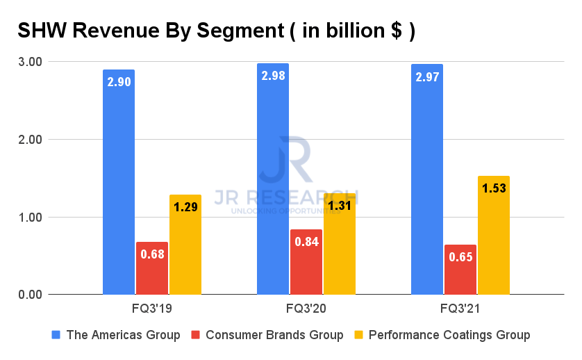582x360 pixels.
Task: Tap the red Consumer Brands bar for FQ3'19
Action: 152,268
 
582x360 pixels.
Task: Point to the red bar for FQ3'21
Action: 460,270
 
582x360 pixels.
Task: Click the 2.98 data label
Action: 273,75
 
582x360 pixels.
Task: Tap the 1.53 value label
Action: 494,188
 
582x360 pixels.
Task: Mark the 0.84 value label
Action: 306,241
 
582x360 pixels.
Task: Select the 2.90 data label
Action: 119,81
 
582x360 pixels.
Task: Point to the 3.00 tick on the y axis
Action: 30,62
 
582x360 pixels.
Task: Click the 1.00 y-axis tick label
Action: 30,218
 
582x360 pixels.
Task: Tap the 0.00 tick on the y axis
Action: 30,295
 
